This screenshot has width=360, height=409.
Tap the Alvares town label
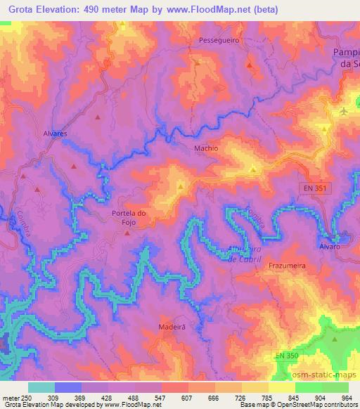click(x=54, y=132)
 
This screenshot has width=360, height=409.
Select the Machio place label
click(x=206, y=148)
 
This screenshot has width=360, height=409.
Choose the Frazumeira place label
click(x=285, y=266)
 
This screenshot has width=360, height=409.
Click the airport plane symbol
click(x=343, y=112)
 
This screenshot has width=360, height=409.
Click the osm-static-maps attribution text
click(x=328, y=377)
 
